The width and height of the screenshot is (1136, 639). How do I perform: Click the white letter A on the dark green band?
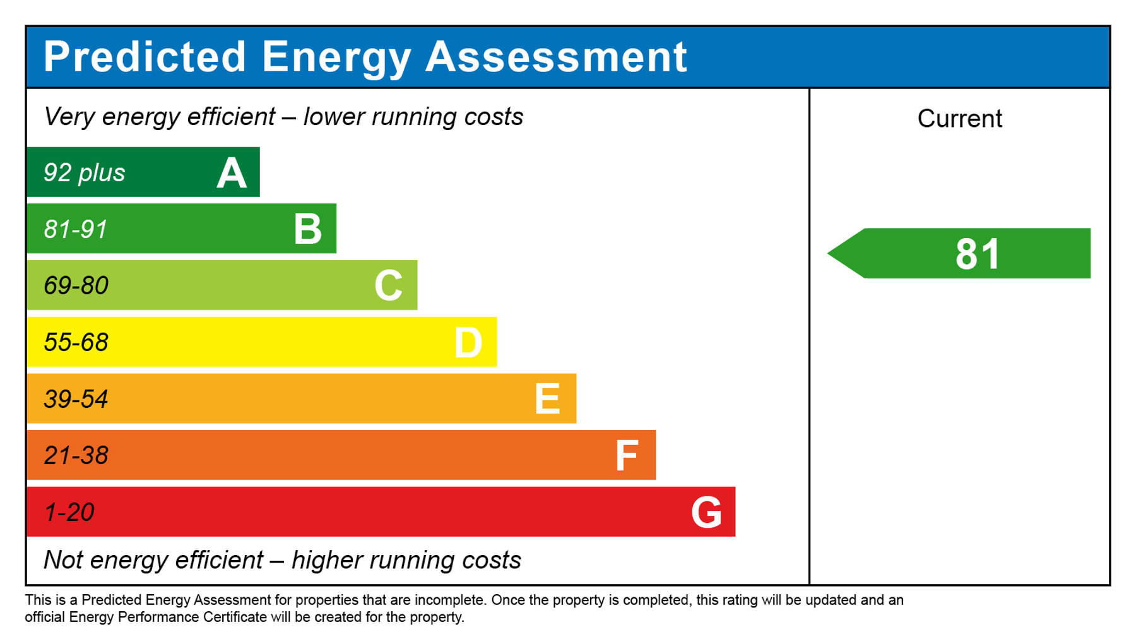pyautogui.click(x=232, y=173)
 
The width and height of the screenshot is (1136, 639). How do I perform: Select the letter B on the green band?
pyautogui.click(x=308, y=229)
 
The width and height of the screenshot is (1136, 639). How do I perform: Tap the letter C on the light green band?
pyautogui.click(x=388, y=285)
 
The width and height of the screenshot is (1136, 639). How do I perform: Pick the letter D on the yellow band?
pyautogui.click(x=468, y=343)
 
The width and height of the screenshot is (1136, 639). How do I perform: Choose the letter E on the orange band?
pyautogui.click(x=547, y=399)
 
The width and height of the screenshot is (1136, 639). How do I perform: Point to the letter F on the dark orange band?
pyautogui.click(x=627, y=456)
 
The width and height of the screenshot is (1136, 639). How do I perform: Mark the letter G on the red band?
pyautogui.click(x=706, y=512)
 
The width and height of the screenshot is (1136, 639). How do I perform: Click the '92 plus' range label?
pyautogui.click(x=84, y=173)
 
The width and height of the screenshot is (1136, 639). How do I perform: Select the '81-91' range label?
pyautogui.click(x=76, y=229)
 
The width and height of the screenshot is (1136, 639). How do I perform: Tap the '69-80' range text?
pyautogui.click(x=76, y=285)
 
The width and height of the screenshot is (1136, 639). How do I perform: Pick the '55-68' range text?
pyautogui.click(x=76, y=342)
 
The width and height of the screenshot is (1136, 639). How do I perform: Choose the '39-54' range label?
pyautogui.click(x=76, y=399)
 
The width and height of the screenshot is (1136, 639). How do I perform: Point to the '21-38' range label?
pyautogui.click(x=76, y=455)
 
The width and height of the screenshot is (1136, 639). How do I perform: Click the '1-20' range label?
pyautogui.click(x=69, y=512)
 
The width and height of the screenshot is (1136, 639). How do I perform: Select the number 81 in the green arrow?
pyautogui.click(x=978, y=254)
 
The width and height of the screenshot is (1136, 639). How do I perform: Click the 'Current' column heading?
pyautogui.click(x=959, y=119)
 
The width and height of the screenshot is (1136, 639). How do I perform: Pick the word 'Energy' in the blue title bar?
pyautogui.click(x=336, y=58)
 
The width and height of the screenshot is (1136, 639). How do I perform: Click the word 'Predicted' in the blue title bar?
pyautogui.click(x=145, y=57)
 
